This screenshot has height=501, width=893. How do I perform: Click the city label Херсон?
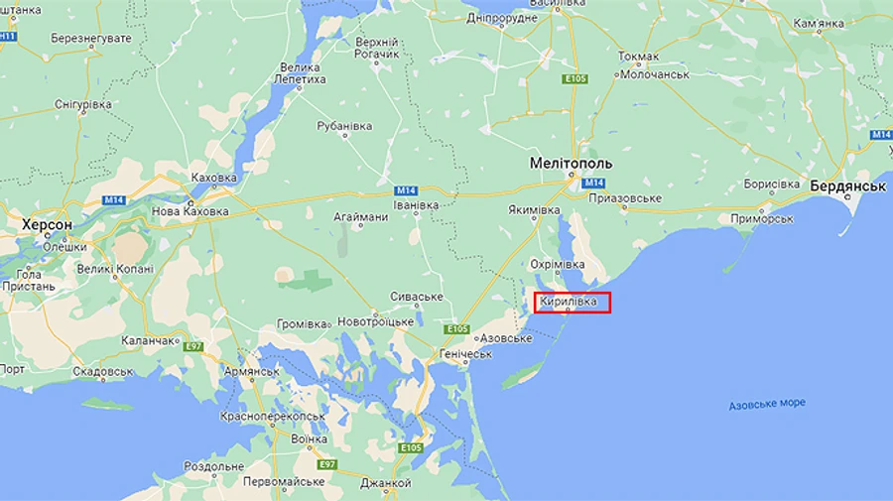coord(47,225)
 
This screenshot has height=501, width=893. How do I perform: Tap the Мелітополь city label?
coord(571,163)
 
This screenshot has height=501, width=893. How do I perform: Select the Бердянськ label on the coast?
coord(846,186)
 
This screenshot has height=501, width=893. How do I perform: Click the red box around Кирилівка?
coord(573,303)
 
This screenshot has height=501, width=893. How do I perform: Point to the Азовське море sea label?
coord(767,404)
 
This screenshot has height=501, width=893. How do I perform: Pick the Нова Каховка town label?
coord(190,211)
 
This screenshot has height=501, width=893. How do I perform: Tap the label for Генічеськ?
coord(465,354)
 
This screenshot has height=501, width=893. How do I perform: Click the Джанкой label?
coord(386,483)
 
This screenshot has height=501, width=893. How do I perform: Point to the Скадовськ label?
coord(103,371)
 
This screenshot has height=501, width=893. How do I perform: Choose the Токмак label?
coord(638,57)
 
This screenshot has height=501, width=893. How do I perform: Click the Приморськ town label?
coord(761,218)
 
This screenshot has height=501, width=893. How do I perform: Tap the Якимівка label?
coord(536,210)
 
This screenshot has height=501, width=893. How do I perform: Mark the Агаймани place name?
coord(360,217)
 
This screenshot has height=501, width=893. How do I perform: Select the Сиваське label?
coord(416,297)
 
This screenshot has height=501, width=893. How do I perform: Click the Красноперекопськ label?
coord(272,417)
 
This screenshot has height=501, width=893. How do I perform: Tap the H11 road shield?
coord(8,36)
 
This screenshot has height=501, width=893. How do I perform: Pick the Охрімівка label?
coord(557,265)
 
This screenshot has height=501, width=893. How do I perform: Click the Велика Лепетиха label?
coord(300,72)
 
